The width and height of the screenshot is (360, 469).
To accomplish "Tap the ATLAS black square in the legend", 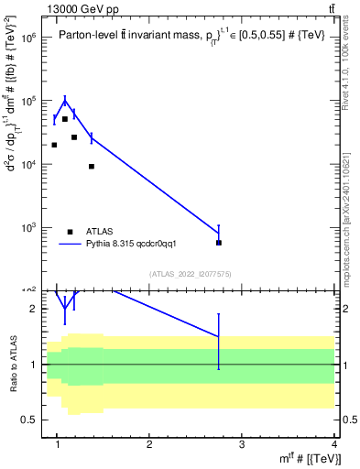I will (70, 232).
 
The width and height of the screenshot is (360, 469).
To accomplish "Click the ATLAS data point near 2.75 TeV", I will (219, 243).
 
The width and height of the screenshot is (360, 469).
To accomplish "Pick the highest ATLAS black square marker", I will (64, 119).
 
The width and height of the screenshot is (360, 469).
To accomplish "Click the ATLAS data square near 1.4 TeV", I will (92, 166).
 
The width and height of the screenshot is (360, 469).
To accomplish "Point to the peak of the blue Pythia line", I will (64, 100).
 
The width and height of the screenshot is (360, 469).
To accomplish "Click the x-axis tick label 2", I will (150, 446).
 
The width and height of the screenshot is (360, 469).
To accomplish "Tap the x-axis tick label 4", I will (335, 446).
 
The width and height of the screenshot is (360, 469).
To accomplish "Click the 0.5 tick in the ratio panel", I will (30, 420).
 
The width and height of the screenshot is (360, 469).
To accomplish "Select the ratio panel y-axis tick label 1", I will (34, 365).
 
